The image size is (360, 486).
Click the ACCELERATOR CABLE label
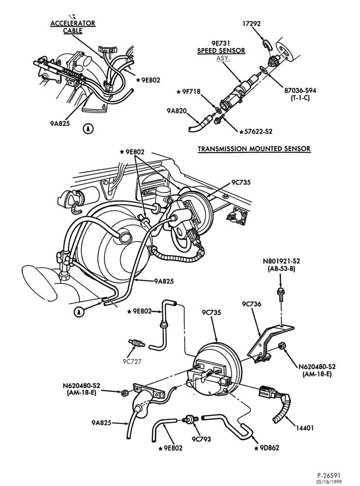coord(73,27)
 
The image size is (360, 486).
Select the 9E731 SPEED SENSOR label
coord(221,47)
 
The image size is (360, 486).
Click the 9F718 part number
coord(193,92)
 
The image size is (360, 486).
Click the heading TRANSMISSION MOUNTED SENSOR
coord(254,149)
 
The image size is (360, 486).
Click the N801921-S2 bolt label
coord(281,261)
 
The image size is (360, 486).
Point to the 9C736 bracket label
coord(252,304)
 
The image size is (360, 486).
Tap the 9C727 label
coord(131,362)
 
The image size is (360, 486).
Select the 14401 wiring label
coord(305,428)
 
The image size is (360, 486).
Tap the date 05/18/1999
coord(329,482)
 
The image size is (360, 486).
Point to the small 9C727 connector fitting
coord(136,343)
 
